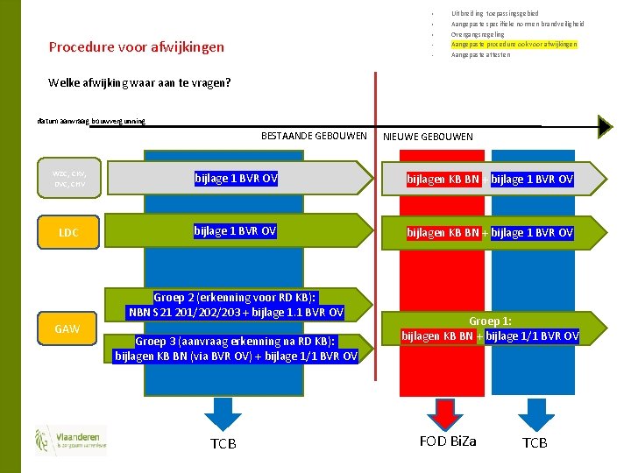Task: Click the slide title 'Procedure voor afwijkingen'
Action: (x=137, y=47)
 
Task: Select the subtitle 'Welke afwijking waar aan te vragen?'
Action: (x=140, y=84)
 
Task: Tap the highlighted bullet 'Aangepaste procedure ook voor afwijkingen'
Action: (x=514, y=44)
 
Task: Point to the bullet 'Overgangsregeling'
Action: (x=479, y=34)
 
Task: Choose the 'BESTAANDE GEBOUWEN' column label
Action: (x=314, y=136)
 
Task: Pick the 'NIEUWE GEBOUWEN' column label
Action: (x=428, y=137)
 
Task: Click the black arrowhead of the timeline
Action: (x=605, y=126)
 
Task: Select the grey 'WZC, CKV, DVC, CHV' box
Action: (x=70, y=178)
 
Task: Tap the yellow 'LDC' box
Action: (x=68, y=232)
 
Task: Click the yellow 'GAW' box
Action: (x=68, y=329)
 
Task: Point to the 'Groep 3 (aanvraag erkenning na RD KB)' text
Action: (x=235, y=341)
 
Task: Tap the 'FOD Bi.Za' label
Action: (x=447, y=441)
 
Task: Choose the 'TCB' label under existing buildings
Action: (x=223, y=444)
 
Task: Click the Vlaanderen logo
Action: (x=71, y=440)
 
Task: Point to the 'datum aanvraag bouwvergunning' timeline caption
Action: (x=91, y=121)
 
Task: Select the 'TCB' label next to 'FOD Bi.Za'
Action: (x=535, y=443)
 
